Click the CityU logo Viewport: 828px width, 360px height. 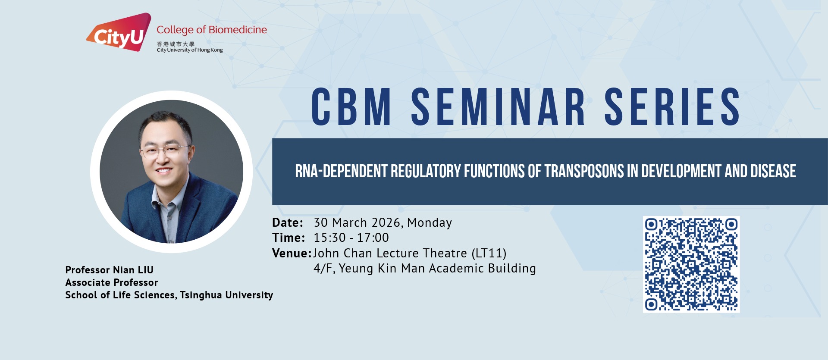[119, 32]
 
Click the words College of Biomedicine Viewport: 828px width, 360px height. [212, 30]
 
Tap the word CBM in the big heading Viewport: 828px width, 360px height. [351, 107]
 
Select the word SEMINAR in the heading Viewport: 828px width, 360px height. [498, 107]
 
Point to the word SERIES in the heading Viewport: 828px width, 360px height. [672, 107]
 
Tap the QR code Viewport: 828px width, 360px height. [691, 264]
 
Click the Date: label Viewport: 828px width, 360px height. [288, 223]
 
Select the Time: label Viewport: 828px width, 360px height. [289, 238]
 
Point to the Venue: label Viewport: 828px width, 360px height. [292, 253]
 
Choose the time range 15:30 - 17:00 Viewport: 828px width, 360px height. [351, 238]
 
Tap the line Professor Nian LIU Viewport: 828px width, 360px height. [110, 270]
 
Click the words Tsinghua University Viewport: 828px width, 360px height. [226, 295]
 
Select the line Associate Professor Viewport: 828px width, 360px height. [112, 282]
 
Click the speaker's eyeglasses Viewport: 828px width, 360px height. [164, 150]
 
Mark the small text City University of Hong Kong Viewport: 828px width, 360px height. [190, 50]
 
